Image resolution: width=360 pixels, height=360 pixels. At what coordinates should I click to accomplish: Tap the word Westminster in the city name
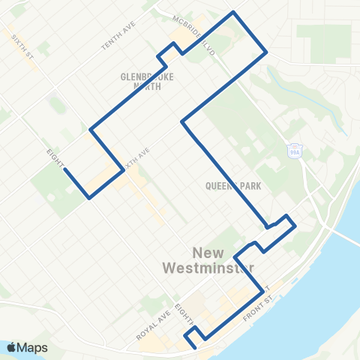[x=208, y=267]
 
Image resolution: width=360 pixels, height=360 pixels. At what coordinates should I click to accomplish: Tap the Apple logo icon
[x=10, y=347]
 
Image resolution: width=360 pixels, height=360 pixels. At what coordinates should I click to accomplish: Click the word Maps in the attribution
[x=33, y=347]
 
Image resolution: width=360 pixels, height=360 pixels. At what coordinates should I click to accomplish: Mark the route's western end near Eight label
[x=64, y=169]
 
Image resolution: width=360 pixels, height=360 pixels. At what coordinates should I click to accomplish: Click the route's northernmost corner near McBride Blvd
[x=234, y=13]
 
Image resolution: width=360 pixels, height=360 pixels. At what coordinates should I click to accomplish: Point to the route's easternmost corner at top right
[x=267, y=52]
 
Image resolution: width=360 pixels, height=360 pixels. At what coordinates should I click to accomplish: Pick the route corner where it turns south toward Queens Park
[x=182, y=120]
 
